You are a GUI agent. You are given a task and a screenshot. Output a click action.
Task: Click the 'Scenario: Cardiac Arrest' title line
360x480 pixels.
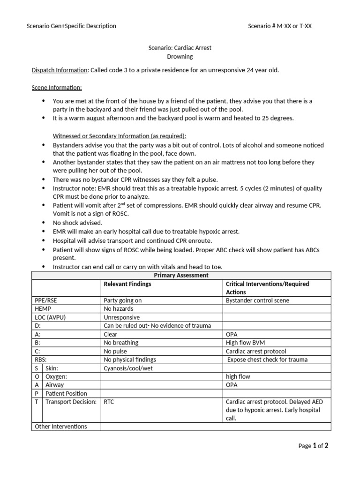point(180,48)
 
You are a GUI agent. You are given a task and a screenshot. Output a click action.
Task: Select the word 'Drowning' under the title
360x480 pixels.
point(180,57)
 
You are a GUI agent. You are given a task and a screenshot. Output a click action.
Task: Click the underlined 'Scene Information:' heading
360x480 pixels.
point(57,87)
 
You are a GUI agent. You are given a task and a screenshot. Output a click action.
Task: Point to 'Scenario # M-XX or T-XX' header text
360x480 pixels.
point(279,26)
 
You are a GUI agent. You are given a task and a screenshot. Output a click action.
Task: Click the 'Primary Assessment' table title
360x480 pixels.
point(180,276)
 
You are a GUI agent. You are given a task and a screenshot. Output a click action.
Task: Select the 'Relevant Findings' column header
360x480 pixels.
point(127,284)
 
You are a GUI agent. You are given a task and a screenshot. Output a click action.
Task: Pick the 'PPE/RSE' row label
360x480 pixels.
point(46,300)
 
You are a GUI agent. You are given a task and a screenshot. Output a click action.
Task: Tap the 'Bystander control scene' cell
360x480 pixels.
point(257,300)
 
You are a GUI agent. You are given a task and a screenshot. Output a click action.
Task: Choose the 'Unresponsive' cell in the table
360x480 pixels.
point(122,317)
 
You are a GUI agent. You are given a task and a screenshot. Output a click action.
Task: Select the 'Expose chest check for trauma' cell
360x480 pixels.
point(265,360)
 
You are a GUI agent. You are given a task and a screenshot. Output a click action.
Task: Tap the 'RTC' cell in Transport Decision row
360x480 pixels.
point(109,402)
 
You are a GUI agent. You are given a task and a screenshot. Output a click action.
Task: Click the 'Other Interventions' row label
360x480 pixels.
point(61,427)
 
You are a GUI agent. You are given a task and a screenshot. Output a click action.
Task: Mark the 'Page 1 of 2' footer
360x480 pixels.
point(313,446)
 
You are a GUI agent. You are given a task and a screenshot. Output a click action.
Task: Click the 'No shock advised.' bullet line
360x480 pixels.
point(77,223)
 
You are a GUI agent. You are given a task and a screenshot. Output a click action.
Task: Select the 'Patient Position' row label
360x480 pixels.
point(66,393)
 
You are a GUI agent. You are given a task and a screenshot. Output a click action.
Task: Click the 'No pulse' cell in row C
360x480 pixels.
point(115,351)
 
